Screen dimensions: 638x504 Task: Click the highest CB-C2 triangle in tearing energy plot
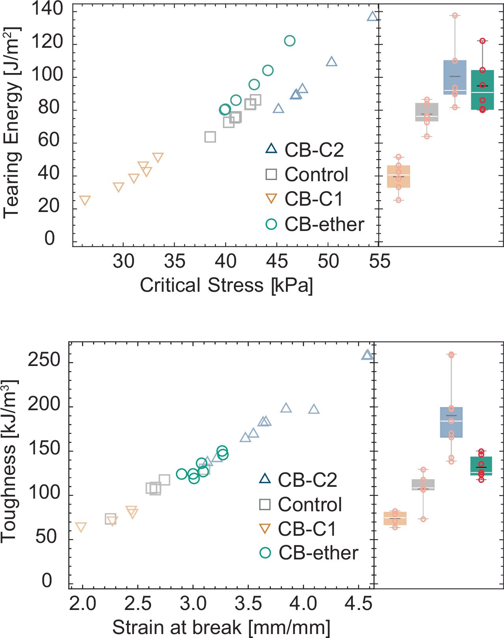tap(372, 17)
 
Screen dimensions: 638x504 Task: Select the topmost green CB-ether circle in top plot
tap(289, 41)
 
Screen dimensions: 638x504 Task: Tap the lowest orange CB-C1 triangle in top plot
tap(85, 200)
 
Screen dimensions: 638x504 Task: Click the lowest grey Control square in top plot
tap(210, 137)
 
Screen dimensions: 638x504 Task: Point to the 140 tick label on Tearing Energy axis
tap(47, 9)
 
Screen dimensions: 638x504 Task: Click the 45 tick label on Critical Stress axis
tap(277, 261)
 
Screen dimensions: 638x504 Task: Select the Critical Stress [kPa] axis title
tap(226, 285)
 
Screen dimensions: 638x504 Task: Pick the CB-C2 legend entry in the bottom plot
tap(298, 480)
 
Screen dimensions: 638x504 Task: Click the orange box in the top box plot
tap(398, 176)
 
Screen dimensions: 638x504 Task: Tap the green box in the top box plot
tap(482, 90)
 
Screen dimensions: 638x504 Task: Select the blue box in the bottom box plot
tap(451, 422)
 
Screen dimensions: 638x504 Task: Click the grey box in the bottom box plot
tap(423, 485)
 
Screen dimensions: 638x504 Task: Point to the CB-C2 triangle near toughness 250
tap(367, 355)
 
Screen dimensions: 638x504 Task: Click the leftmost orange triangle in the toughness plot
tap(81, 527)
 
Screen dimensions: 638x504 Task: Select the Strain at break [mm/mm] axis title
tap(221, 627)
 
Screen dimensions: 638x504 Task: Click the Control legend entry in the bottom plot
tap(301, 505)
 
